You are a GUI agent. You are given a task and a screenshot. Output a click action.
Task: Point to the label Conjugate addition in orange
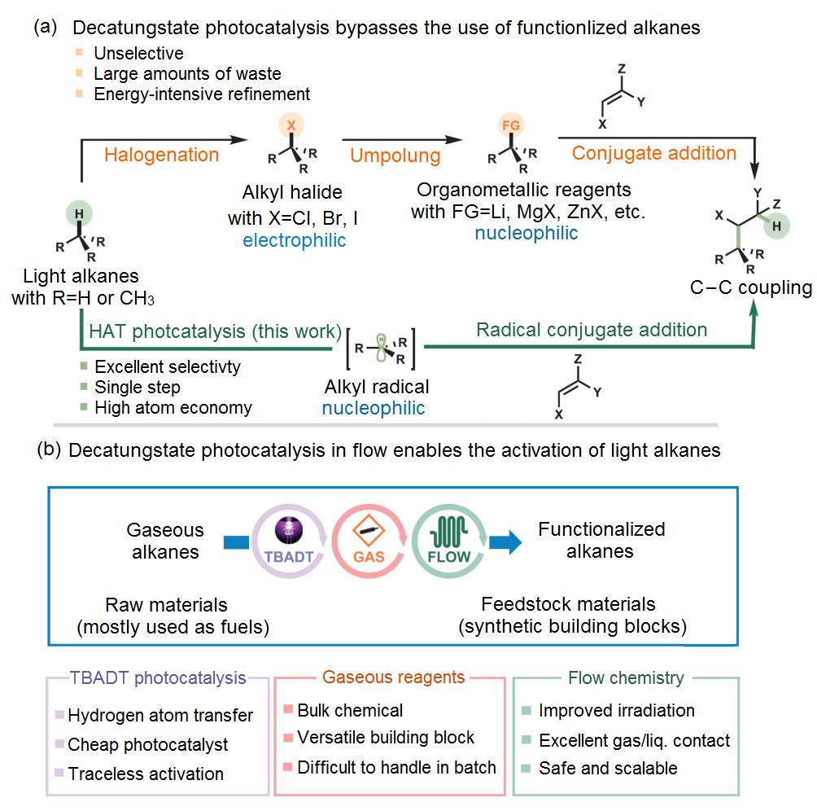(654, 153)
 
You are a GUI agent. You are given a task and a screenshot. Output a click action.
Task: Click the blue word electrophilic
(294, 241)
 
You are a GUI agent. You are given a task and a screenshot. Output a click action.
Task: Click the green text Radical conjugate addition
(592, 330)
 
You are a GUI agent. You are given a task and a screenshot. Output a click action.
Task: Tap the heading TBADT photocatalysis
(158, 677)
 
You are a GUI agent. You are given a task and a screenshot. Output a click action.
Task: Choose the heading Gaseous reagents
(394, 677)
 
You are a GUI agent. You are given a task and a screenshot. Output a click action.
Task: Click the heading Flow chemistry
(627, 677)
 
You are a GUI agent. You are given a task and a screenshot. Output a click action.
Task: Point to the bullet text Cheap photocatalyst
(148, 744)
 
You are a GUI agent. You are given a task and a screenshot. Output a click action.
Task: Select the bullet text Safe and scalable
(608, 768)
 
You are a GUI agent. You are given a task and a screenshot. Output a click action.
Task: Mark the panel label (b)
(47, 449)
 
